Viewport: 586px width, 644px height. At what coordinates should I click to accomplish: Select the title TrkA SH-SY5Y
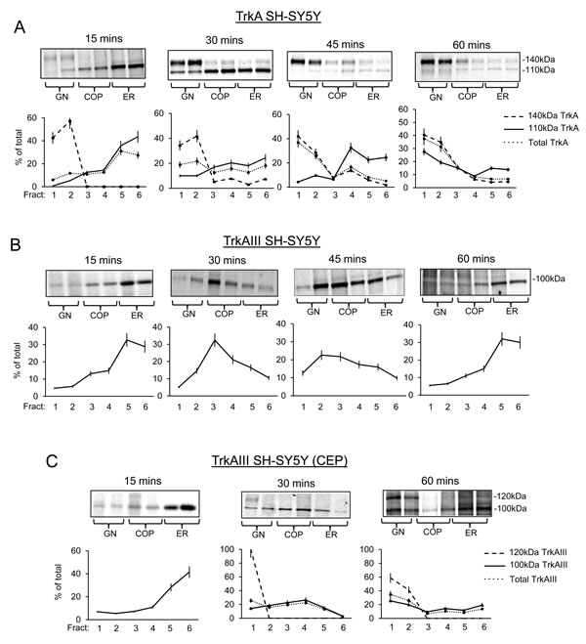(293, 14)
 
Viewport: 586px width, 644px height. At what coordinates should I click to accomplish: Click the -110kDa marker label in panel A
(558, 69)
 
